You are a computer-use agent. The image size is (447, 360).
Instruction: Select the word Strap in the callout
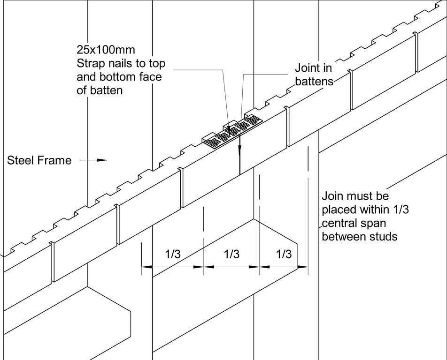tap(92, 63)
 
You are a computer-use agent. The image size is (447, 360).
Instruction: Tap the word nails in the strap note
tap(123, 63)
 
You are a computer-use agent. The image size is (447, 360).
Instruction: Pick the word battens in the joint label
tap(314, 81)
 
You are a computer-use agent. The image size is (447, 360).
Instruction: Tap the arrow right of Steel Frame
tap(98, 160)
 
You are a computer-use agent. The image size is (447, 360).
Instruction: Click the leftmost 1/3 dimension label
tap(173, 255)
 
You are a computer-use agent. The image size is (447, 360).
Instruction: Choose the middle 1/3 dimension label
tap(232, 255)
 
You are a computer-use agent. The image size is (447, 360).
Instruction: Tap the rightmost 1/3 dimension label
tap(284, 255)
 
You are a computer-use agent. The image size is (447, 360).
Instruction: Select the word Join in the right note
tap(332, 196)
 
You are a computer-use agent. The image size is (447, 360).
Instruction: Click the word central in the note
tap(339, 223)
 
